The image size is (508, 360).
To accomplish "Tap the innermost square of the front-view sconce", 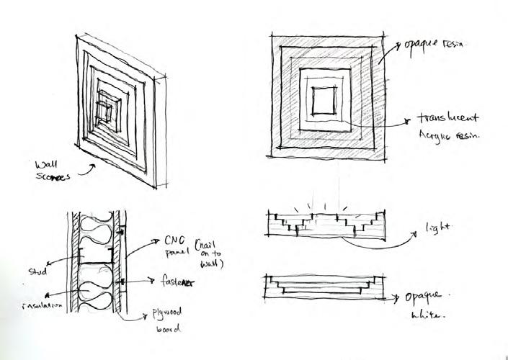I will coord(324,98).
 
